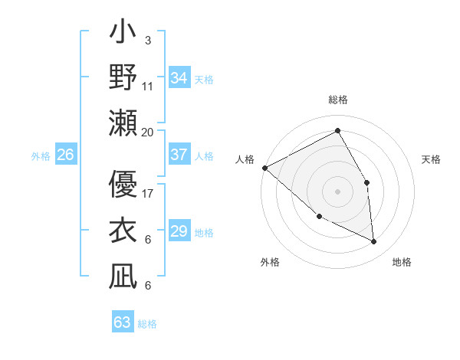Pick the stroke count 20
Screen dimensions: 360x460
point(148,132)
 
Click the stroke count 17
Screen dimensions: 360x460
point(148,193)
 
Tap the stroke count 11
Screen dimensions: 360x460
point(148,85)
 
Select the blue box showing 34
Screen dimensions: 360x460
point(179,78)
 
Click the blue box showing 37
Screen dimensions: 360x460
point(179,155)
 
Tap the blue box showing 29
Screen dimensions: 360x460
point(179,231)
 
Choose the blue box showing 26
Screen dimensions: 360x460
point(65,155)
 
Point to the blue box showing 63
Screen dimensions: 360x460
point(122,322)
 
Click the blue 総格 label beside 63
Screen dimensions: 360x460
point(147,324)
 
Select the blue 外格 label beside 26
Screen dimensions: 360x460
point(41,156)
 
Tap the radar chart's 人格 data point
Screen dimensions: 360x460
point(264,168)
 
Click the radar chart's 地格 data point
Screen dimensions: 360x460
point(374,242)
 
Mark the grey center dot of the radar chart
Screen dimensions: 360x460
point(337,191)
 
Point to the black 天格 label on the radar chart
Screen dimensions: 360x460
point(432,159)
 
